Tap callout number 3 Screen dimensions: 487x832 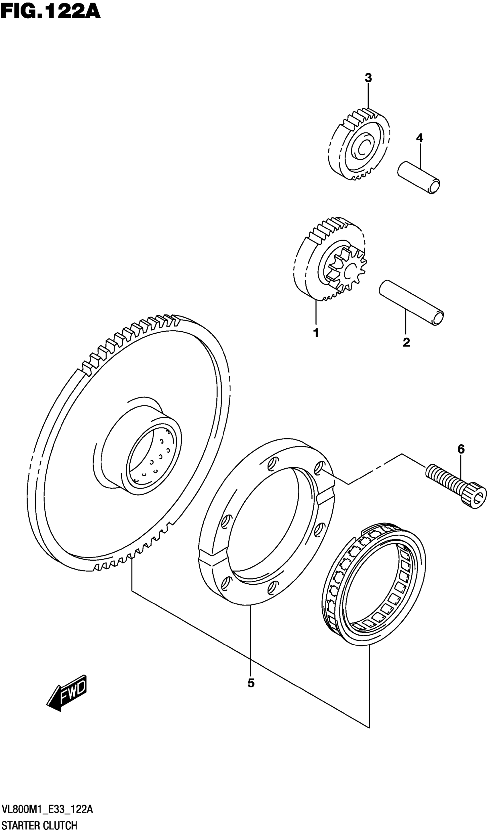coord(368,78)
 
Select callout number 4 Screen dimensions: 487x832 coord(419,138)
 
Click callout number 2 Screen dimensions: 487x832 coord(406,342)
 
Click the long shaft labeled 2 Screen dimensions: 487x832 coord(411,302)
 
